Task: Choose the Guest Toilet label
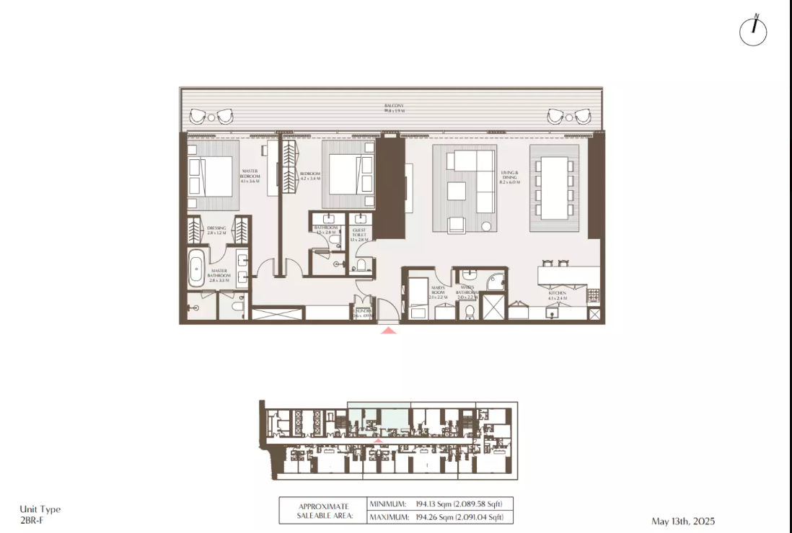click(358, 233)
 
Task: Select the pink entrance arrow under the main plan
click(389, 331)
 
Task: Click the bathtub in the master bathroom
click(195, 267)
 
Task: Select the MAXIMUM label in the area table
click(390, 517)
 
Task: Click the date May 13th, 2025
click(683, 521)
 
